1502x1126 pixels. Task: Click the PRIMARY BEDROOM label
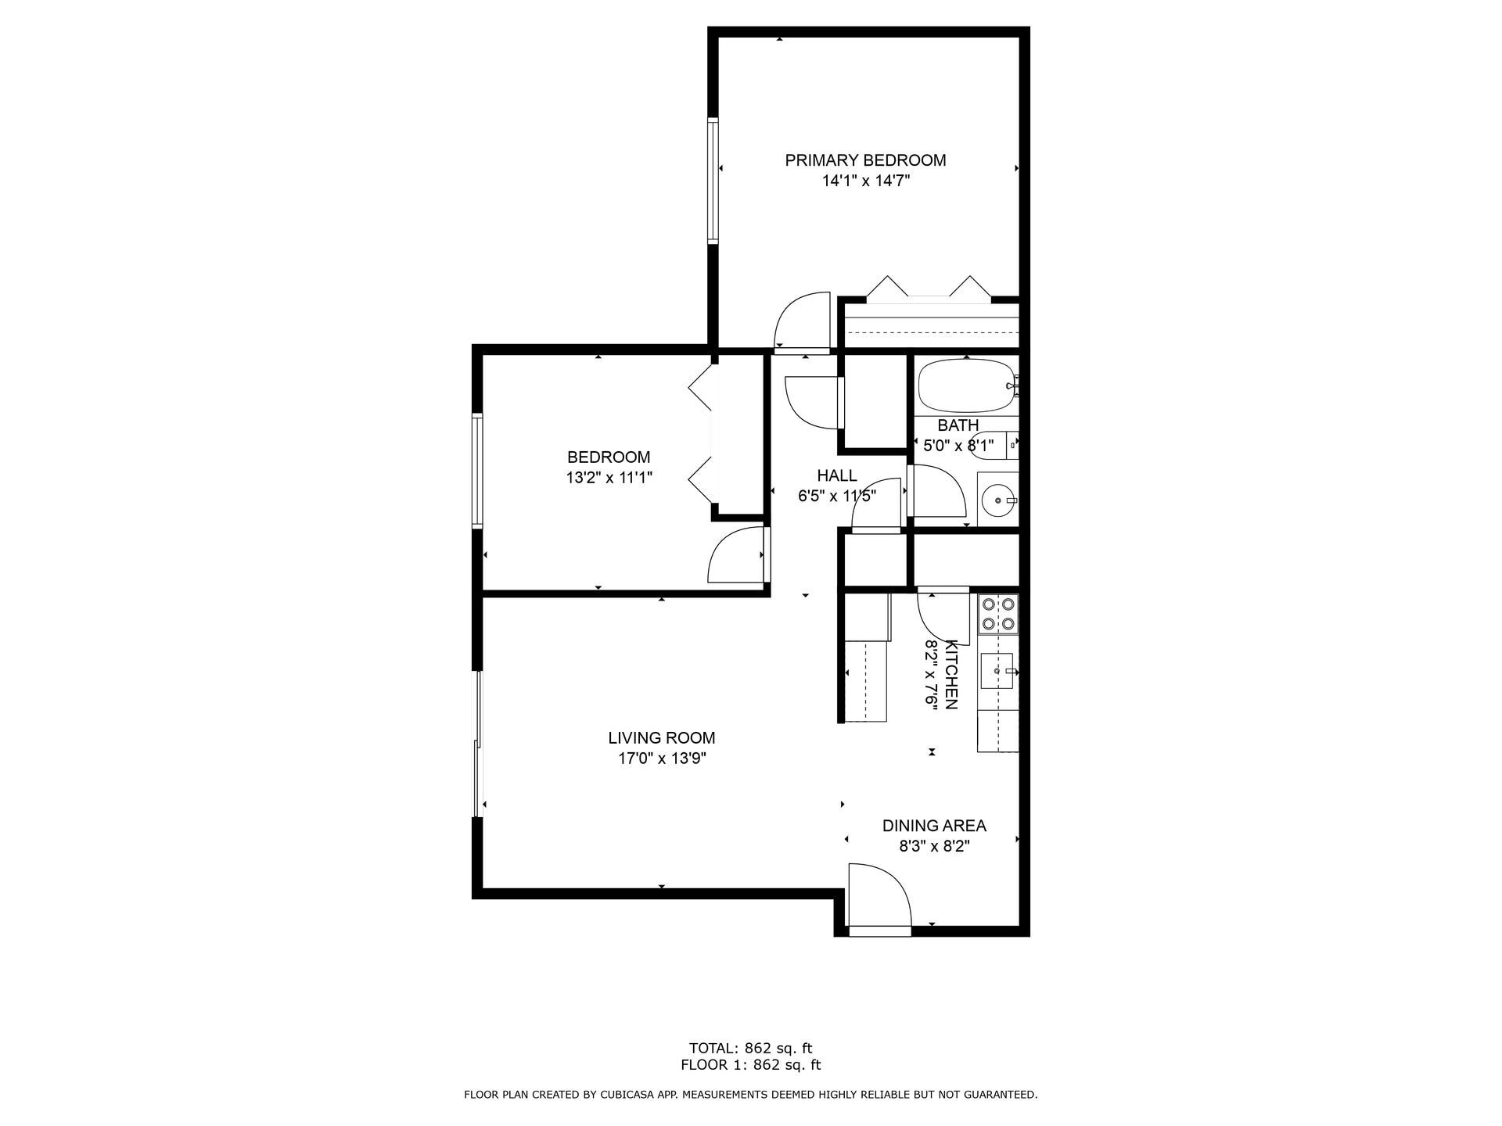click(865, 160)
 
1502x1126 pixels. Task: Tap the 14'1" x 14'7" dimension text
click(865, 181)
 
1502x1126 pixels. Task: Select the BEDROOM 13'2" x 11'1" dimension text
click(609, 478)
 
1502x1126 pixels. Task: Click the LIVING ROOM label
click(661, 737)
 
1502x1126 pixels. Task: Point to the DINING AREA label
click(933, 826)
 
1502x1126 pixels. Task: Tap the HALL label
click(836, 475)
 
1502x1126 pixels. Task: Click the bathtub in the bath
click(967, 386)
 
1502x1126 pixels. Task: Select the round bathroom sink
click(997, 498)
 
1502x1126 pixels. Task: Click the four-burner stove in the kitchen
click(998, 614)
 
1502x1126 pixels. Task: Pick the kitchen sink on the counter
click(997, 671)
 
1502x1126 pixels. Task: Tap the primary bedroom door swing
click(803, 321)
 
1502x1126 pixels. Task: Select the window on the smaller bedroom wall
click(476, 471)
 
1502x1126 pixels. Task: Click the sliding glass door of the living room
click(477, 743)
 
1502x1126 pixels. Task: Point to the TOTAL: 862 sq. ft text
click(750, 1048)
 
